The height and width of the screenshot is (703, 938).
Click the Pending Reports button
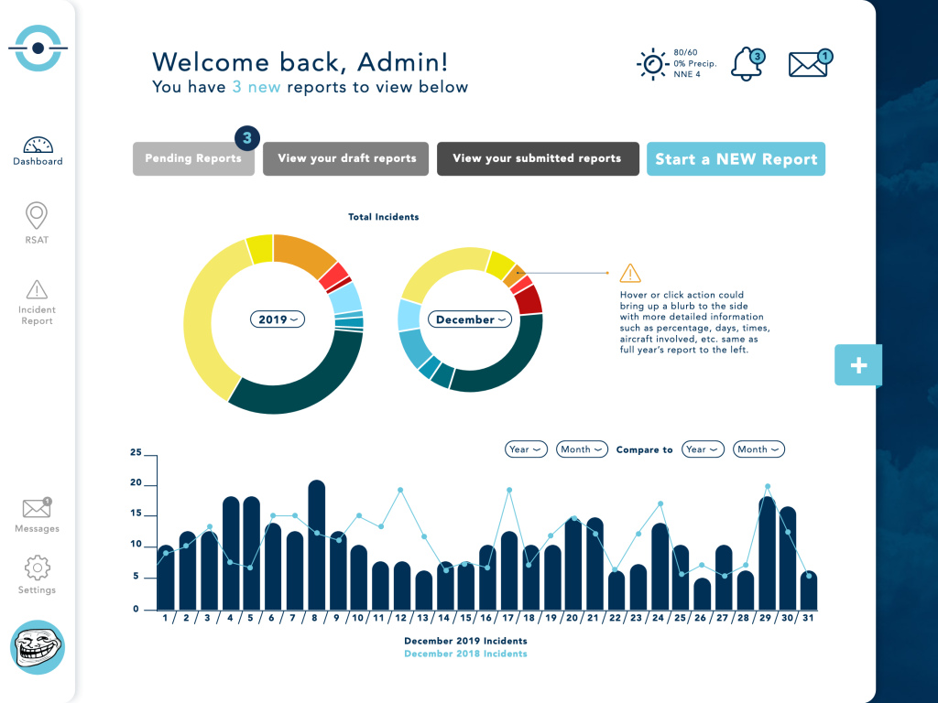pyautogui.click(x=193, y=158)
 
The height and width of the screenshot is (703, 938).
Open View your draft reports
pyautogui.click(x=346, y=158)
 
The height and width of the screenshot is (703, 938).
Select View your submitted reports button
pyautogui.click(x=537, y=158)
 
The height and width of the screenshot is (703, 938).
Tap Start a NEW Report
pyautogui.click(x=736, y=159)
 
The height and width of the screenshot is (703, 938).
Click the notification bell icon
pyautogui.click(x=747, y=64)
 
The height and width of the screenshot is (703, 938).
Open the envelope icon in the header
pyautogui.click(x=810, y=64)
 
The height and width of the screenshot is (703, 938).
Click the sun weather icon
pyautogui.click(x=652, y=64)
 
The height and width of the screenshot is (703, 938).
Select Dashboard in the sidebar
pyautogui.click(x=38, y=151)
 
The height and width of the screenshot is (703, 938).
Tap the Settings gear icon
pyautogui.click(x=37, y=568)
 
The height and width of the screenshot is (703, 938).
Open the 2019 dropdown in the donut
pyautogui.click(x=277, y=319)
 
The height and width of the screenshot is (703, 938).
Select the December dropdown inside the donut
pyautogui.click(x=470, y=319)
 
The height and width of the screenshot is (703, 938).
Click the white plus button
pyautogui.click(x=858, y=365)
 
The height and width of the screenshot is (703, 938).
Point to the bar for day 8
pyautogui.click(x=317, y=545)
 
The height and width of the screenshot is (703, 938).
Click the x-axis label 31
pyautogui.click(x=809, y=619)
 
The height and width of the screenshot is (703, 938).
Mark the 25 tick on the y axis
pyautogui.click(x=136, y=453)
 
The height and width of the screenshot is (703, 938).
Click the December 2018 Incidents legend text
pyautogui.click(x=465, y=654)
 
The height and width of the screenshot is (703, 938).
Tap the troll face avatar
pyautogui.click(x=38, y=647)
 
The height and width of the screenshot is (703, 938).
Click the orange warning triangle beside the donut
pyautogui.click(x=630, y=273)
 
